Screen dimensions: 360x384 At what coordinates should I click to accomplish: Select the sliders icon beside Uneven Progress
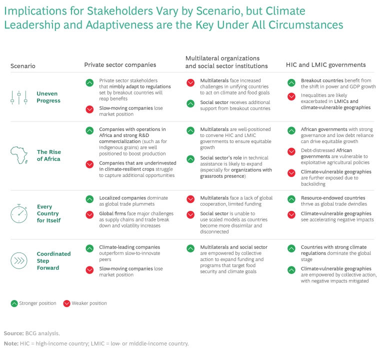19,97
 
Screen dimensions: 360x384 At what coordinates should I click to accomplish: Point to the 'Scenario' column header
23,66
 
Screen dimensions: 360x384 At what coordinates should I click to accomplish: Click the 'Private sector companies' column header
120,64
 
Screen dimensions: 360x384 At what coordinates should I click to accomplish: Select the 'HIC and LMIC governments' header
325,64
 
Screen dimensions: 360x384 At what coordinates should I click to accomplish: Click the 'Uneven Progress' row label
48,97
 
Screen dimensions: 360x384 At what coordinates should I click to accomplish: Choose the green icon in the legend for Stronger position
14,303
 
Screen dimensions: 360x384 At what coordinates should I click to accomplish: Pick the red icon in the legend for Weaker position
66,303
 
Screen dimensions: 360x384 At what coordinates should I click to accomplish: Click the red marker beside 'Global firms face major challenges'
89,214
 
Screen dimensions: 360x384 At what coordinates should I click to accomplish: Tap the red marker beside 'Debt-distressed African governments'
291,151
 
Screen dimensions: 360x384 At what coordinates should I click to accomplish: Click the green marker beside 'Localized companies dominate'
89,198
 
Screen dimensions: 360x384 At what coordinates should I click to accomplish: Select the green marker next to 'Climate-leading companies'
89,247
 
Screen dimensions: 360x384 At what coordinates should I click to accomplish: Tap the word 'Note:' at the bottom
11,343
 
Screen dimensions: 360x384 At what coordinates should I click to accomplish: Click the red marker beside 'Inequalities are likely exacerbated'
291,96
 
